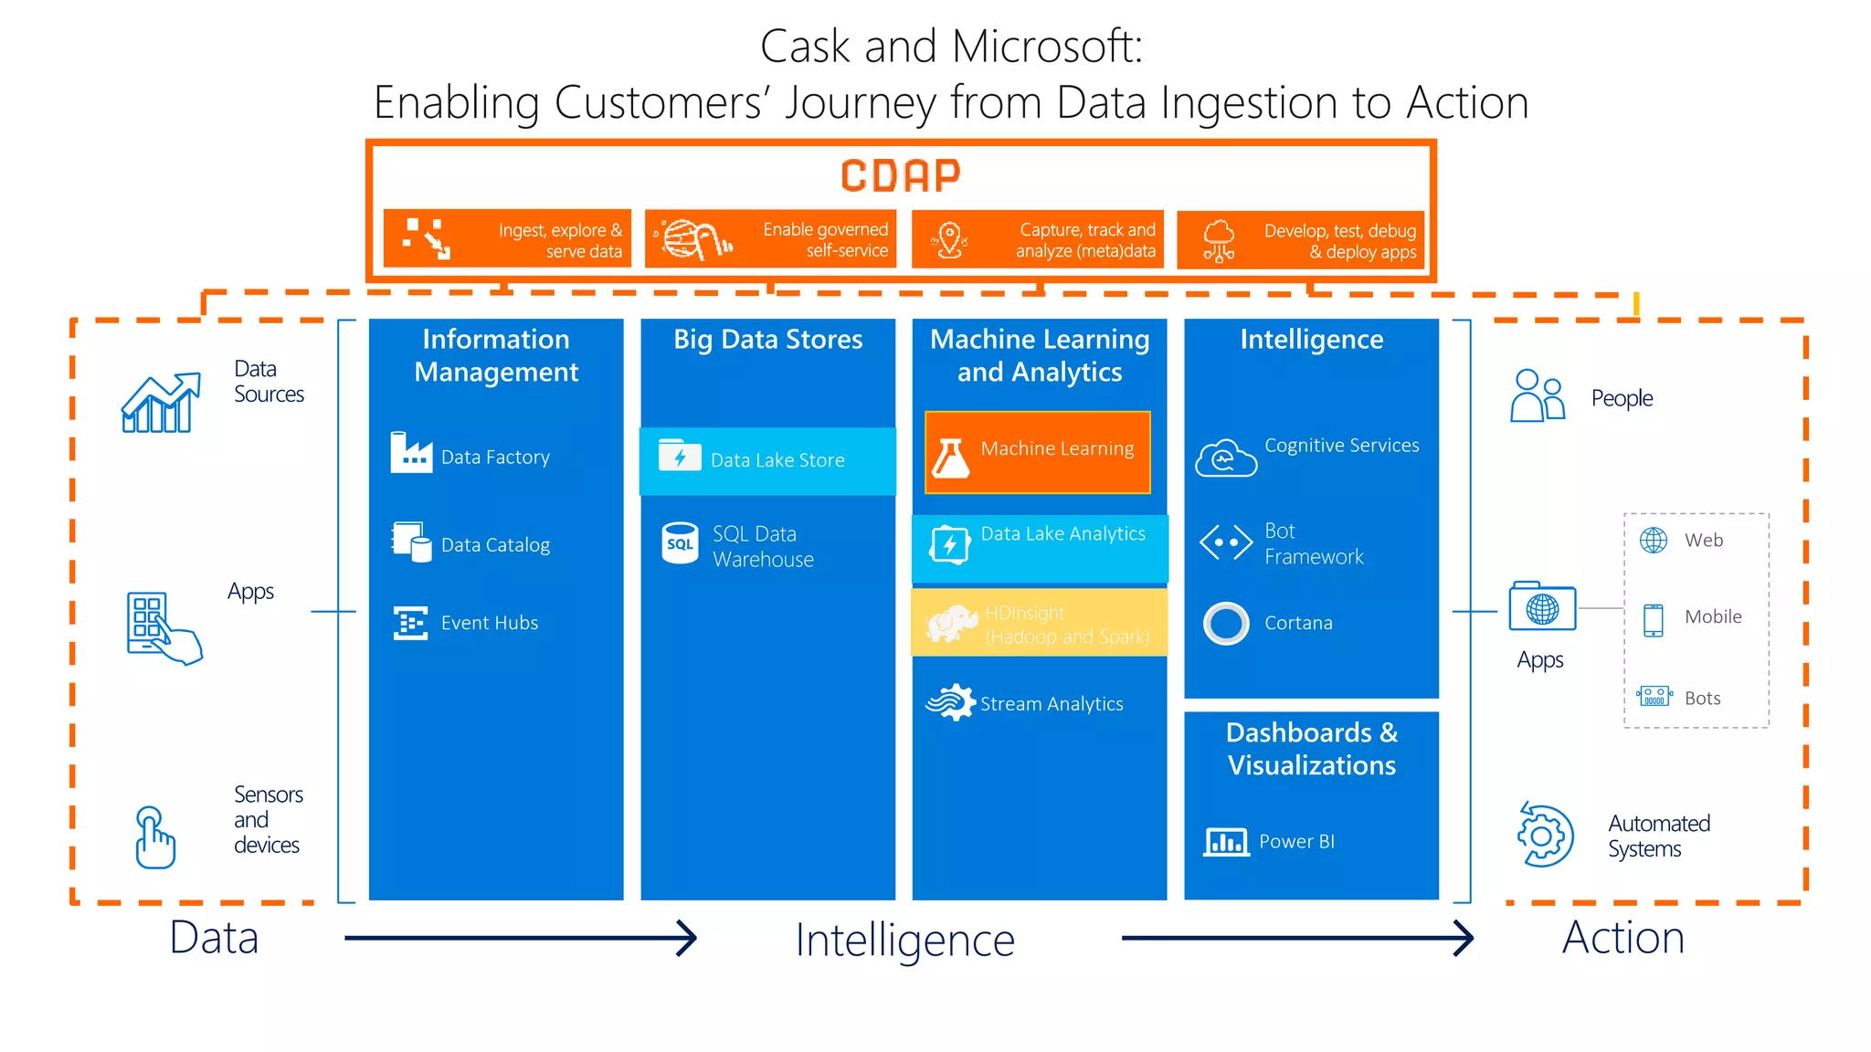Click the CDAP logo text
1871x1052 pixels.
coord(900,176)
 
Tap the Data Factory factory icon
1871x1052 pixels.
coord(410,453)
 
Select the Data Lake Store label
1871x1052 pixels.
coord(777,460)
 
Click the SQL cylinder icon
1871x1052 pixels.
coord(680,542)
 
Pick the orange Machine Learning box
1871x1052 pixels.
coord(1037,452)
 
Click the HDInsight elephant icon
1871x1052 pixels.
coord(950,624)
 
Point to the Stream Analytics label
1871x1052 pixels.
coord(1051,704)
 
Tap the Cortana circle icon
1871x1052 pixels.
coord(1225,624)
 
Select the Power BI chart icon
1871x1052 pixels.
coord(1225,841)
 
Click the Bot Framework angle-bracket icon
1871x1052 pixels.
coord(1225,542)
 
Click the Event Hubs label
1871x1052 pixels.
coord(489,623)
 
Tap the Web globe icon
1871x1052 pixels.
coord(1653,541)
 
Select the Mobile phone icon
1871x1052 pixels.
coord(1653,619)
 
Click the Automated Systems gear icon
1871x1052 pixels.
coord(1544,836)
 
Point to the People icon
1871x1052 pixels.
coord(1537,396)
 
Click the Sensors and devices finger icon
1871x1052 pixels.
coord(154,836)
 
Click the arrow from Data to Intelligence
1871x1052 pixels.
coord(521,938)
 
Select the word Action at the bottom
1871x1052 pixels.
coord(1623,938)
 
